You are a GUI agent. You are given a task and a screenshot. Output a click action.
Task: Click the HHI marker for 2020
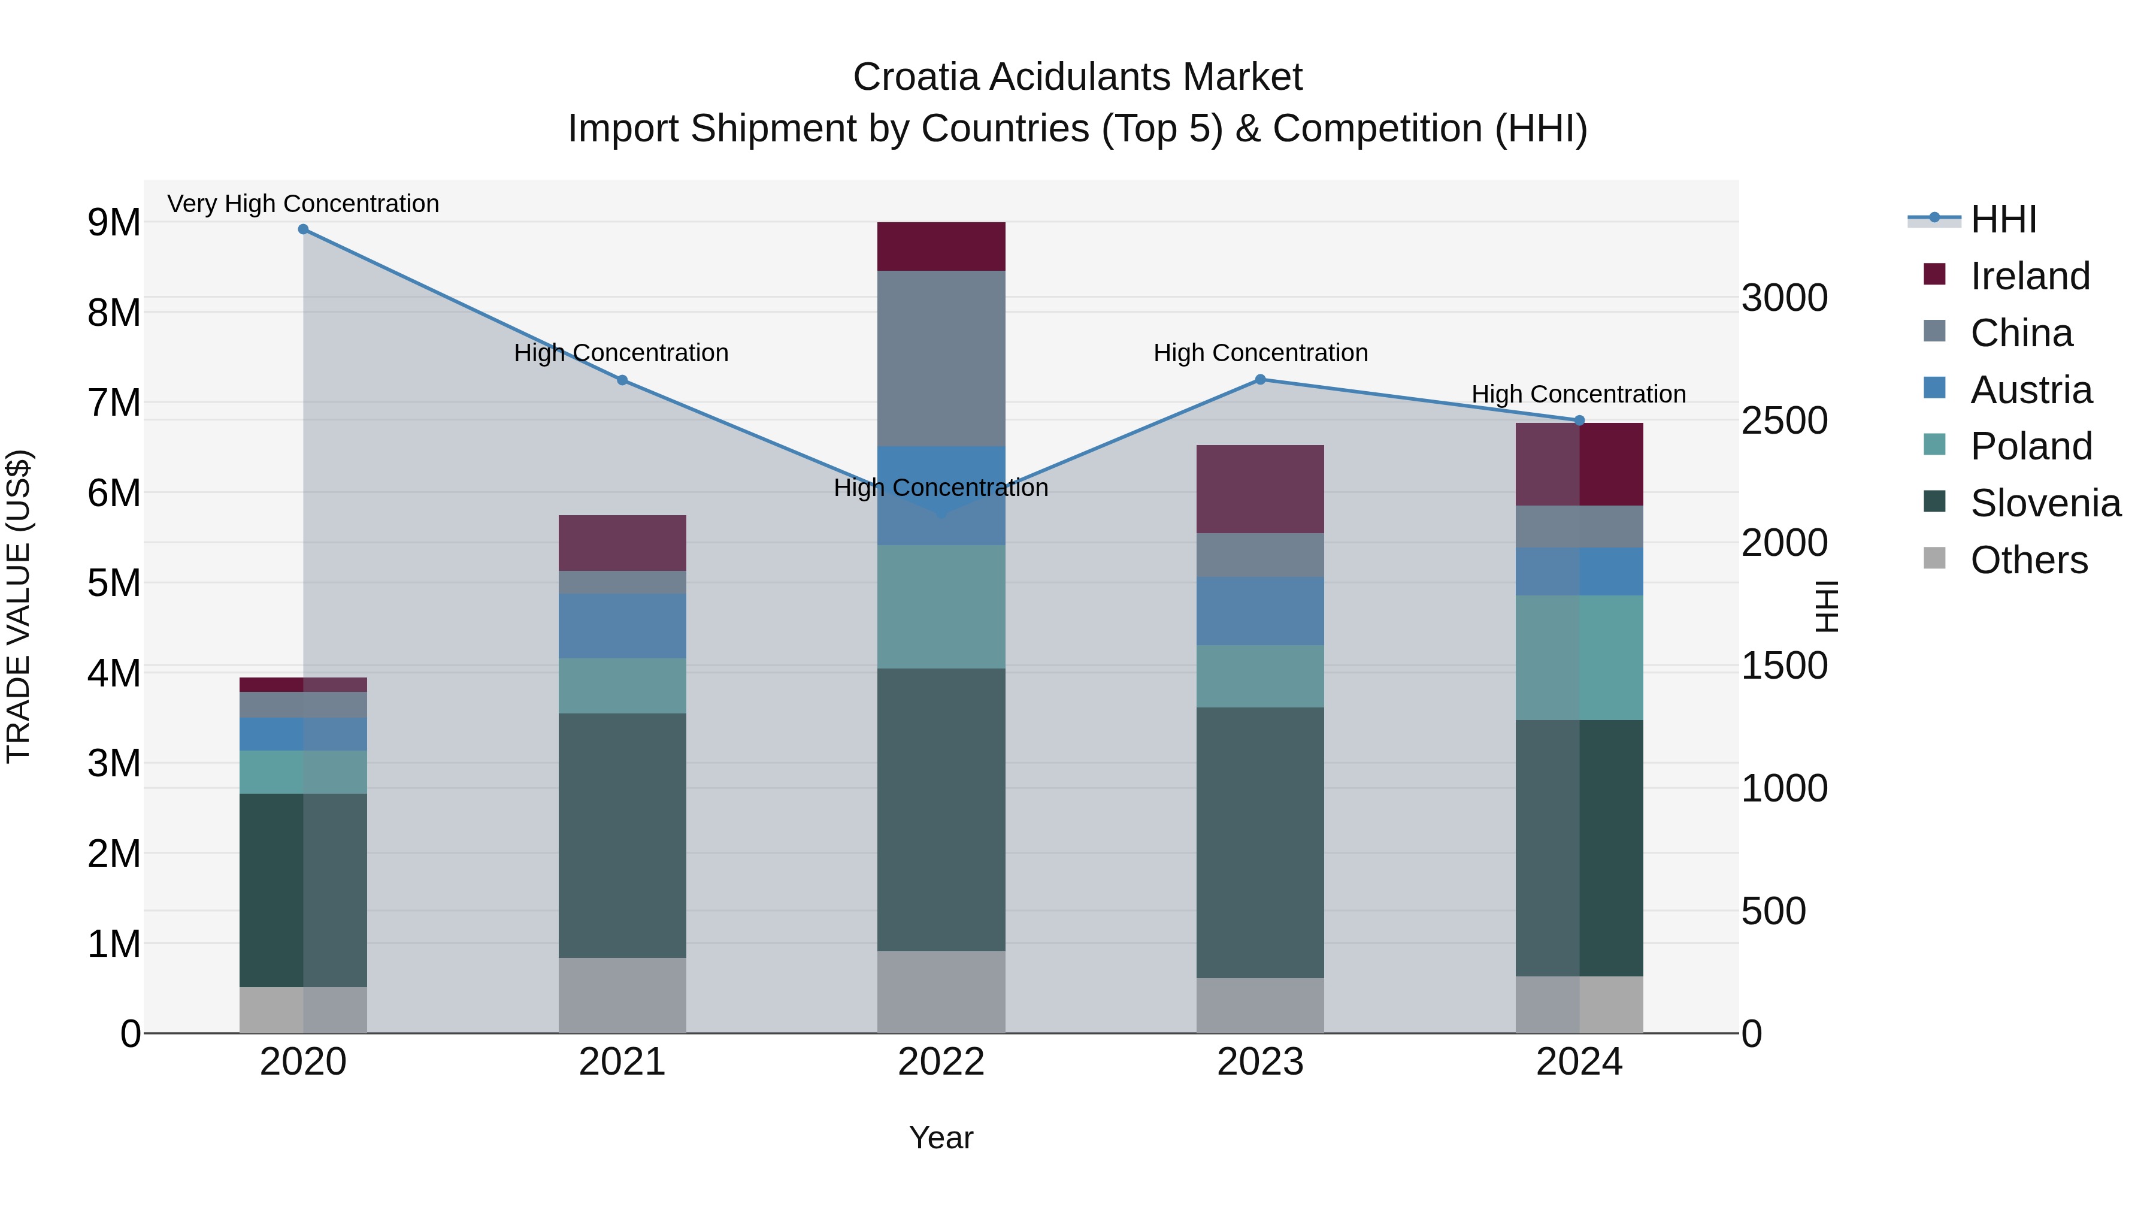(303, 229)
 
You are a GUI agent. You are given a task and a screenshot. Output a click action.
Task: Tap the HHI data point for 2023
(1261, 380)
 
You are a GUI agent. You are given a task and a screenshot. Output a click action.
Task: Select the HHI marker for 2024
(1579, 421)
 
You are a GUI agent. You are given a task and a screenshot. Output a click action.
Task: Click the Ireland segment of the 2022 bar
(941, 247)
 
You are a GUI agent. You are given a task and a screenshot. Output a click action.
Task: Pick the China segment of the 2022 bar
(941, 358)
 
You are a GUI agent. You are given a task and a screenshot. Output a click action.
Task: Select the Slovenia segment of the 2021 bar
(622, 836)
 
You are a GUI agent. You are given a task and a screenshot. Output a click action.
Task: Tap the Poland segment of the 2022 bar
(941, 607)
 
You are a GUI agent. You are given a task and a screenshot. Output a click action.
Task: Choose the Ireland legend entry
(2030, 276)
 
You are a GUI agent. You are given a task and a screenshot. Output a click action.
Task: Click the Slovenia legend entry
(2045, 503)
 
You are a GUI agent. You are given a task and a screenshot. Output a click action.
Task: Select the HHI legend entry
(2003, 219)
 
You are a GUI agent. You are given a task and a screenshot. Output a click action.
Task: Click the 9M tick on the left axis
(114, 223)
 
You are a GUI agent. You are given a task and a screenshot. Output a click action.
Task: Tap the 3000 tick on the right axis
(1785, 298)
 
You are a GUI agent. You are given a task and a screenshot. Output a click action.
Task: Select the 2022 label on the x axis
(941, 1062)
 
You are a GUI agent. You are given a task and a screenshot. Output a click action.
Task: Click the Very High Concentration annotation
(303, 204)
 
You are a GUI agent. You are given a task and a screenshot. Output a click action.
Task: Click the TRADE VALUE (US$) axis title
(19, 607)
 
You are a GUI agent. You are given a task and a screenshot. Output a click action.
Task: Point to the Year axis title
(941, 1138)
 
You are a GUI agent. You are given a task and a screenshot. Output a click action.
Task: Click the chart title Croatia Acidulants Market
(1077, 77)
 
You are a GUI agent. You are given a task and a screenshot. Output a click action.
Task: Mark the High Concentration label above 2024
(1579, 394)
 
